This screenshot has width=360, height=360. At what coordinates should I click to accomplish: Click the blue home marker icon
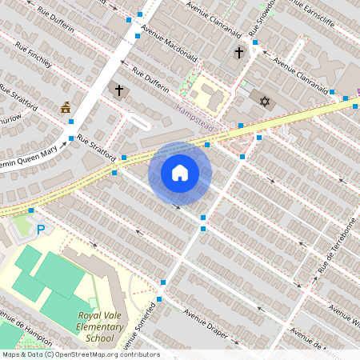[x=180, y=173]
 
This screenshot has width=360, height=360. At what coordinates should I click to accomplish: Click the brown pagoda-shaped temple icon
[x=66, y=107]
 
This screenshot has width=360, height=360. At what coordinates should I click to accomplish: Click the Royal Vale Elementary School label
[x=101, y=326]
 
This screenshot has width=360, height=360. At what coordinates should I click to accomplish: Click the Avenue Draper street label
[x=206, y=322]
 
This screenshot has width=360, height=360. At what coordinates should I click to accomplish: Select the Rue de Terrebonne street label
[x=336, y=246]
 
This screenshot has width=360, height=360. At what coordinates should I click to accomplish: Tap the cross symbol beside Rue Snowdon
[x=238, y=53]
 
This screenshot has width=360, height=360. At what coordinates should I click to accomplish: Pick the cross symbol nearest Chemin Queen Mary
[x=120, y=90]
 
